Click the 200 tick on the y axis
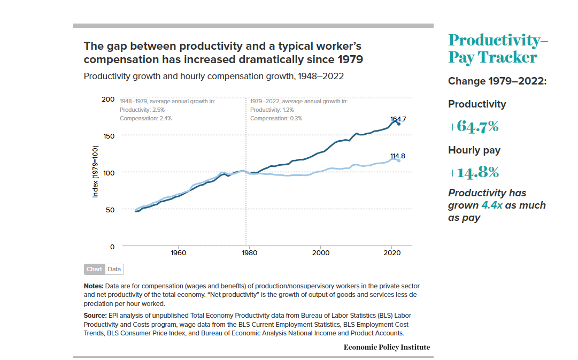107,99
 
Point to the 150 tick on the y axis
107,136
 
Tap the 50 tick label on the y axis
110,210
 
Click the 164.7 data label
397,118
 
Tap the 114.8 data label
397,156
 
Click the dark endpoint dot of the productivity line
399,124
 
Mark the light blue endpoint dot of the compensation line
399,160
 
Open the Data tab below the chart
114,269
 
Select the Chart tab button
94,269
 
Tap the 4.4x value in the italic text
491,205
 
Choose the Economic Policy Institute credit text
387,347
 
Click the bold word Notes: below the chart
94,286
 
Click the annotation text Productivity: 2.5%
138,110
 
